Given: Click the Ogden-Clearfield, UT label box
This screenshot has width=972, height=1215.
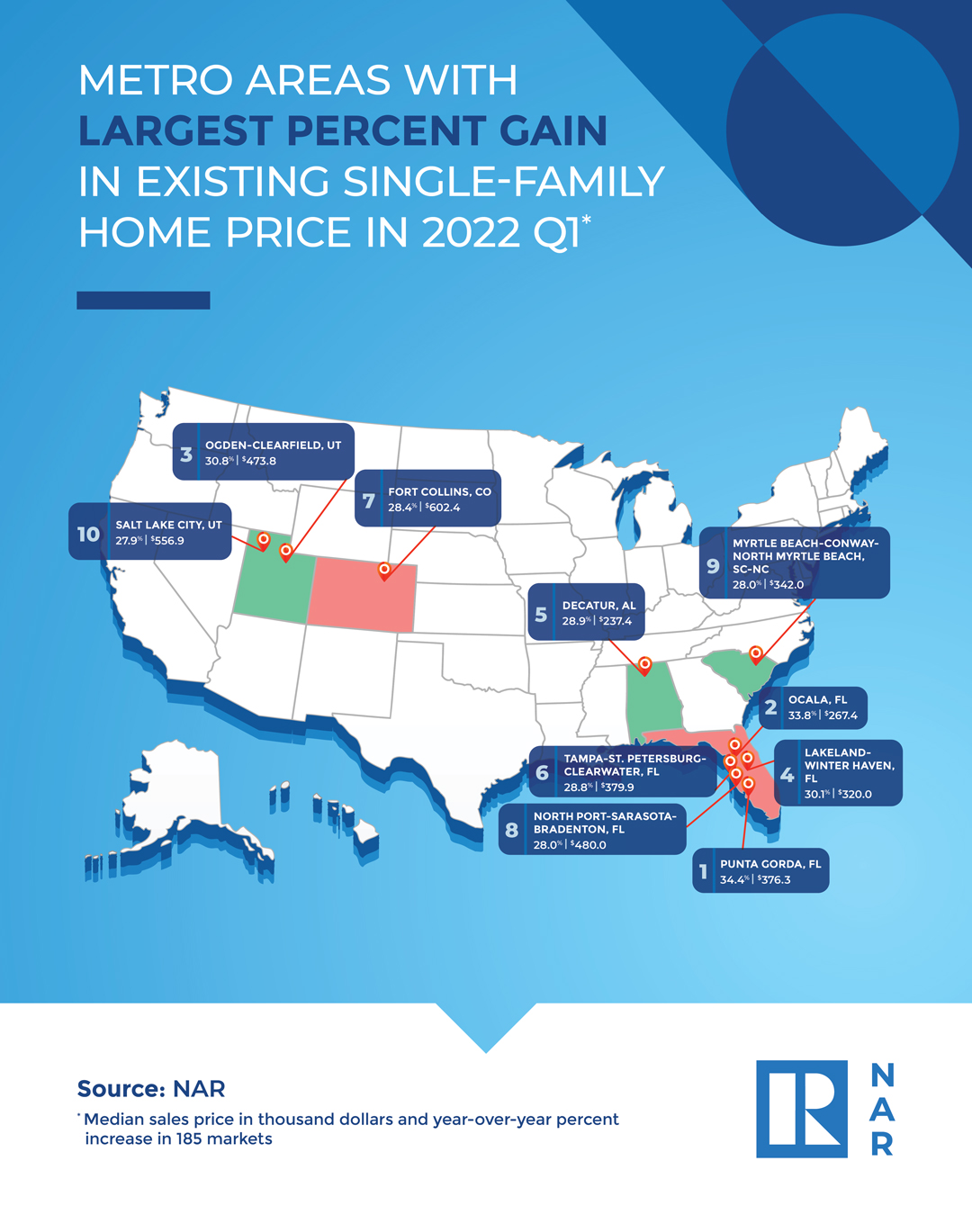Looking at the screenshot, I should [264, 453].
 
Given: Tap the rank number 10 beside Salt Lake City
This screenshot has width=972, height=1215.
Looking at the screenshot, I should [88, 534].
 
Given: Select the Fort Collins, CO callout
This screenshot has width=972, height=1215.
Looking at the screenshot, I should [428, 499].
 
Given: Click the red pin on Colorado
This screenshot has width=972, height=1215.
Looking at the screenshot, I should [384, 571].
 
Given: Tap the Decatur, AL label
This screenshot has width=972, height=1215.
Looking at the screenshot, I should [587, 613].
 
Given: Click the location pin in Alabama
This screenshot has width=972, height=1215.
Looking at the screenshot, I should [644, 665].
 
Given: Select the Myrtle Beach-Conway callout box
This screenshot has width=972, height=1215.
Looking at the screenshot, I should [796, 563].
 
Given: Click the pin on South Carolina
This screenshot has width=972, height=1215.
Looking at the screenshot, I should [756, 653].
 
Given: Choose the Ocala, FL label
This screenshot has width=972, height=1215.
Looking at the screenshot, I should [813, 707].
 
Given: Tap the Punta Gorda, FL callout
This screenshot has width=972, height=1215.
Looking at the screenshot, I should [761, 871].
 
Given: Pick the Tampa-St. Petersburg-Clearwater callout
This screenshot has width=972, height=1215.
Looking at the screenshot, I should [623, 772].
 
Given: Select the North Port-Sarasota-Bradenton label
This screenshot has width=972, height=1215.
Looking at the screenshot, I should [592, 830].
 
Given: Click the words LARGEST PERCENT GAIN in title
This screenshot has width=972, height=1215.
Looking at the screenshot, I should [342, 131].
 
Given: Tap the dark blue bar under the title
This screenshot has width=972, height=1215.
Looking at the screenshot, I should [143, 301].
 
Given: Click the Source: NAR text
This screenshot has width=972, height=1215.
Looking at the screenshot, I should [151, 1089].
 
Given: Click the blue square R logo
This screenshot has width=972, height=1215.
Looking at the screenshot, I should [801, 1109].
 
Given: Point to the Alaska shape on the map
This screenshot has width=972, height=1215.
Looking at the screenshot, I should [180, 801].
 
